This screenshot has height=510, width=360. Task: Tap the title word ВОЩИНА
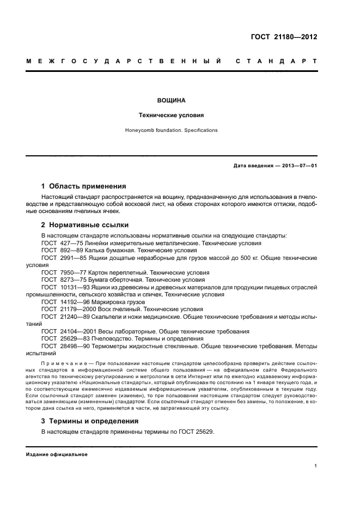(x=171, y=101)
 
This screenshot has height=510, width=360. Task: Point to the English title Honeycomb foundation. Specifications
(x=171, y=130)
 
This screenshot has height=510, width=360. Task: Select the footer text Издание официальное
(x=57, y=454)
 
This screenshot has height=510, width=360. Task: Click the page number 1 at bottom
(x=316, y=466)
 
